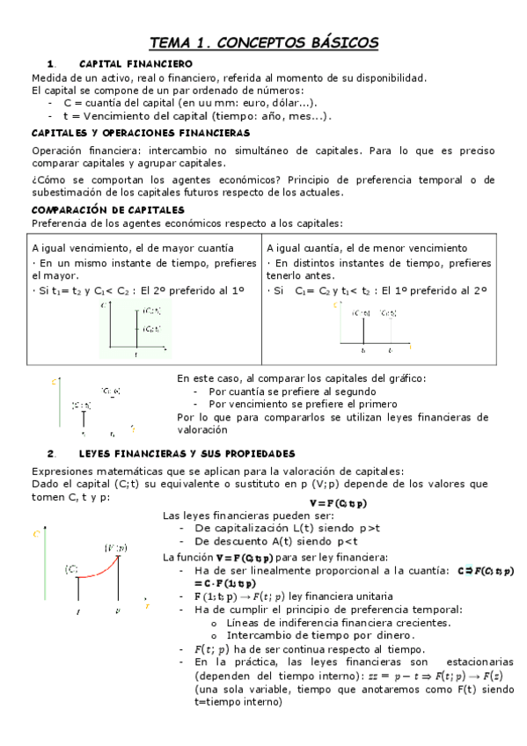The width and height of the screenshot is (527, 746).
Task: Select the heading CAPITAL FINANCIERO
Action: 135,64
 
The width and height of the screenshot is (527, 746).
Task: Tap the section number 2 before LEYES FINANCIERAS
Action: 52,453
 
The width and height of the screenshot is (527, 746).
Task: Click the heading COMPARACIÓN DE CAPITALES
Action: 107,210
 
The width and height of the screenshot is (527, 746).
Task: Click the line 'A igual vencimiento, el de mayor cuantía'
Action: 132,248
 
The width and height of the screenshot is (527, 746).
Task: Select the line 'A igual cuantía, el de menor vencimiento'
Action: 367,248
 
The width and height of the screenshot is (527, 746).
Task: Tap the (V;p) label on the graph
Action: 115,547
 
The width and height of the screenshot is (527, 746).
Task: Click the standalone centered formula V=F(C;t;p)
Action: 339,503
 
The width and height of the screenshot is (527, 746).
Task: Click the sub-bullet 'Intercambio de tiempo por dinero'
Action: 319,635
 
